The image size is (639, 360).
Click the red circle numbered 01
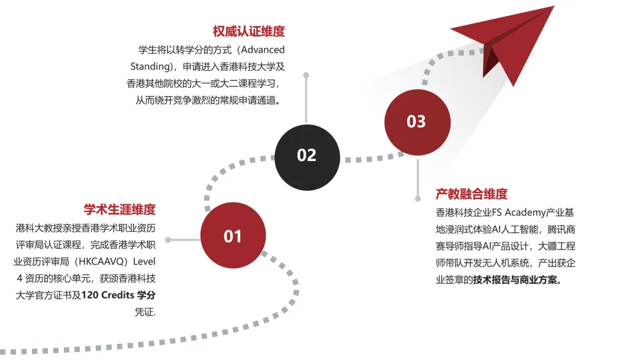point(233,236)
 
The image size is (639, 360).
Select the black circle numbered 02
point(306,155)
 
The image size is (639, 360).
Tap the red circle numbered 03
point(416,121)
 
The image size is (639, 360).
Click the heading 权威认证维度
point(248,31)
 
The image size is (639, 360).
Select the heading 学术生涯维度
point(120,209)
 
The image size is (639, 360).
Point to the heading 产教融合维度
point(472,194)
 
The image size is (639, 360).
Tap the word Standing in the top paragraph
point(150,66)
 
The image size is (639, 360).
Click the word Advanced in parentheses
point(262,50)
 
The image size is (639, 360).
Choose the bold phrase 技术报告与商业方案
point(515,279)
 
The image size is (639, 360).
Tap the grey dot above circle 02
point(306,75)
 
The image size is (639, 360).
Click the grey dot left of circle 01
point(168,240)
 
